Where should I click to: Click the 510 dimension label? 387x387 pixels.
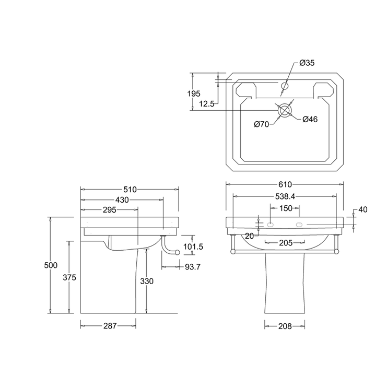coord(130,190)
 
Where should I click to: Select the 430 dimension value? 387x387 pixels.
coord(122,200)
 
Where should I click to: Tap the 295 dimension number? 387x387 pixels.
coord(109,210)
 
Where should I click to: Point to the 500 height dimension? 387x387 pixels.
coord(51,265)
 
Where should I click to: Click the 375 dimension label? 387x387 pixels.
coord(69,277)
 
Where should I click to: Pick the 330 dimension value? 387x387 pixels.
coord(147,281)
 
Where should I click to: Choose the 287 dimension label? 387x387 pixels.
coord(110,326)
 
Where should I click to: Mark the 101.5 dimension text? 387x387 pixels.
coord(193,247)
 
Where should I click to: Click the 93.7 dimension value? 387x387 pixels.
coord(193,267)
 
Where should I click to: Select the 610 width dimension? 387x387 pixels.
coord(285,184)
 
